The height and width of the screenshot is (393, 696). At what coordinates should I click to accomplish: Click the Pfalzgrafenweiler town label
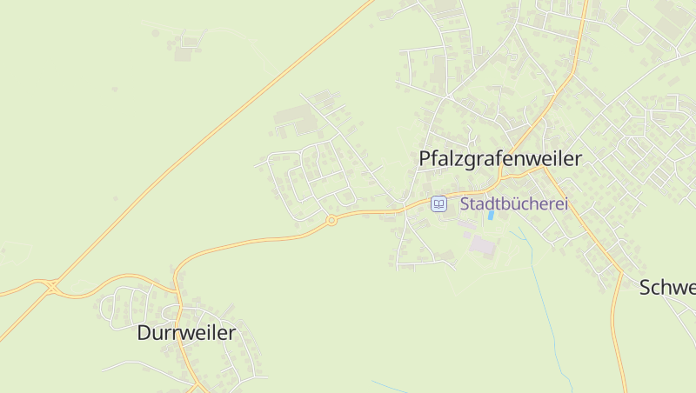coord(499,159)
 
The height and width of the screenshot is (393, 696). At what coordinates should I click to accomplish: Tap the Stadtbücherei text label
coord(513,204)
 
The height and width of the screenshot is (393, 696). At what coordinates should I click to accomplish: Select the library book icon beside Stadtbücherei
coord(439,204)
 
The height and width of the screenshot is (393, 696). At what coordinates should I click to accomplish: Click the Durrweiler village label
coord(186,332)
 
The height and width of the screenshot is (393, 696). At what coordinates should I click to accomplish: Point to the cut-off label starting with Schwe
coord(668,288)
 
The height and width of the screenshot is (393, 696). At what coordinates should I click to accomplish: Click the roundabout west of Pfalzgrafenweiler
coord(331,221)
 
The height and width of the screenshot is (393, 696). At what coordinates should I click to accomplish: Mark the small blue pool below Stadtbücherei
coord(491,215)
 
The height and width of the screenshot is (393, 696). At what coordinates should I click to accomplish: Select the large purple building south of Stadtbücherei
coord(481,246)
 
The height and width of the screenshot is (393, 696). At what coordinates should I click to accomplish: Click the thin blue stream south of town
coord(548,296)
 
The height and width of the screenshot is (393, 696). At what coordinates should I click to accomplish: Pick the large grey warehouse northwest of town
coord(291,117)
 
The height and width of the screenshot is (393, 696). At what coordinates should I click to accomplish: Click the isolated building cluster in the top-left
coord(184,48)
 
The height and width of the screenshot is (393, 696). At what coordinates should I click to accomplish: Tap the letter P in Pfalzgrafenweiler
coord(425,159)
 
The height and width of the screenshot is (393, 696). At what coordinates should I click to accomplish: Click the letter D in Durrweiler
coord(144,332)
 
